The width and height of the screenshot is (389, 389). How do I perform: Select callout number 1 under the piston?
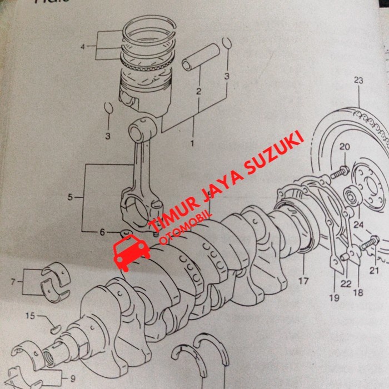click(x=192, y=143)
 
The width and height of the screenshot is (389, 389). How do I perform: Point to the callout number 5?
click(x=71, y=197)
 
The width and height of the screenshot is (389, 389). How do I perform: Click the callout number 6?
click(x=102, y=232)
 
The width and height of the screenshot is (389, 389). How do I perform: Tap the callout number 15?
click(x=32, y=316)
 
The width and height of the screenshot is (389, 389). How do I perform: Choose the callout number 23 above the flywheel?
click(x=358, y=81)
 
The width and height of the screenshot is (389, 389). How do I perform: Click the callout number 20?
click(x=345, y=147)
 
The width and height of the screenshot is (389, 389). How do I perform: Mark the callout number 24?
click(x=358, y=225)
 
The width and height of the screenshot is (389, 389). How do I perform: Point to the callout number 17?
click(x=303, y=281)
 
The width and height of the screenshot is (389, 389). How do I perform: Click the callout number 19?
click(x=333, y=298)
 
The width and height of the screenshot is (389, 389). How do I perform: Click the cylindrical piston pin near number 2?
click(x=199, y=59)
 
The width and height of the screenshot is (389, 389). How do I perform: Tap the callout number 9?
click(x=72, y=380)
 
